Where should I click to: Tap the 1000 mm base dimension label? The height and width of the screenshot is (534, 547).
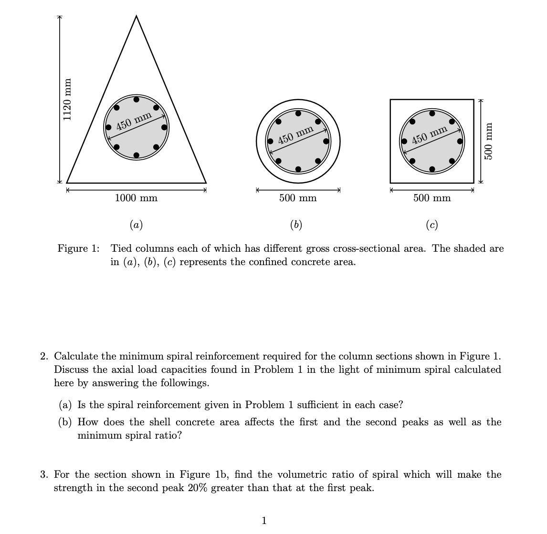tap(136, 198)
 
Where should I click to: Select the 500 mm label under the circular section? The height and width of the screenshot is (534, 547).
tap(298, 198)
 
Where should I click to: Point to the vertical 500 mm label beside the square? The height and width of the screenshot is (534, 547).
tap(488, 141)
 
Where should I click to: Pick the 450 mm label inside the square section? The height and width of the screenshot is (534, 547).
tap(430, 135)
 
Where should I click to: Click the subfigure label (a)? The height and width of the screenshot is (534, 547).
tap(136, 224)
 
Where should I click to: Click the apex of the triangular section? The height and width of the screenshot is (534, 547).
tap(137, 16)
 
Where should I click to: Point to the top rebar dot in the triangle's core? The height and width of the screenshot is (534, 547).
tap(137, 100)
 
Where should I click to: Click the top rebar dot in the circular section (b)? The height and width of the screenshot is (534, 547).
tap(298, 113)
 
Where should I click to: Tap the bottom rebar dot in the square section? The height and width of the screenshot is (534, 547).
tap(432, 169)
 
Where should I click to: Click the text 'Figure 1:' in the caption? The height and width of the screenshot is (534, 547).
tap(79, 248)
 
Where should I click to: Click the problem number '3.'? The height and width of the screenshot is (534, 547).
tap(44, 475)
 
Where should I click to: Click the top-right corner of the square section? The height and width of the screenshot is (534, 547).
tap(473, 100)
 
